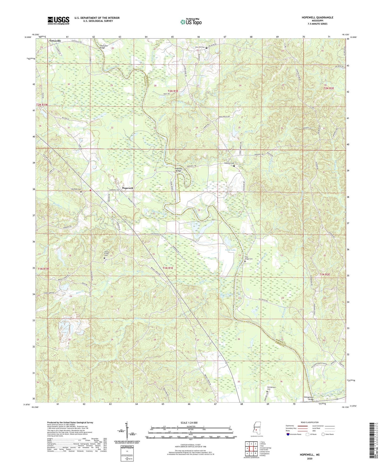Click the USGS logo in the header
58,20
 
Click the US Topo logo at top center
191,22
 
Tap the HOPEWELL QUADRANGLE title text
317,18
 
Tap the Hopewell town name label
127,188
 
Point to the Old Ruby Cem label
76,189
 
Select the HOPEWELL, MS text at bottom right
310,455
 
